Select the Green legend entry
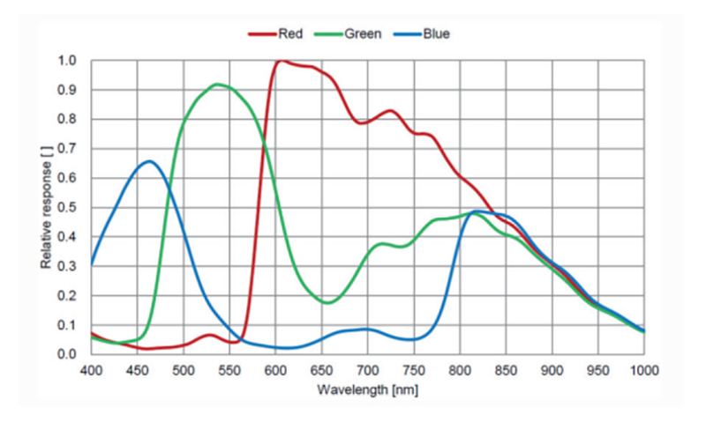[x=353, y=34]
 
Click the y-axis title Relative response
[x=45, y=208]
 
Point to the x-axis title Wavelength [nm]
[x=367, y=389]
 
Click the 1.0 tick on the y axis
[x=67, y=61]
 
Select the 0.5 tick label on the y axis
[x=67, y=208]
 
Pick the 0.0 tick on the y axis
[x=67, y=354]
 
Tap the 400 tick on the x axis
[x=91, y=370]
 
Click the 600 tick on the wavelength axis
[x=275, y=370]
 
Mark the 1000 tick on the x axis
[x=644, y=370]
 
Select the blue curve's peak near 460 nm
[x=149, y=161]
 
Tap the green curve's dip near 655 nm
[x=327, y=302]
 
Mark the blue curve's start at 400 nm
[x=92, y=264]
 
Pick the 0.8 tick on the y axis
[x=67, y=120]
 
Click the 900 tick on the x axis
[x=552, y=370]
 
